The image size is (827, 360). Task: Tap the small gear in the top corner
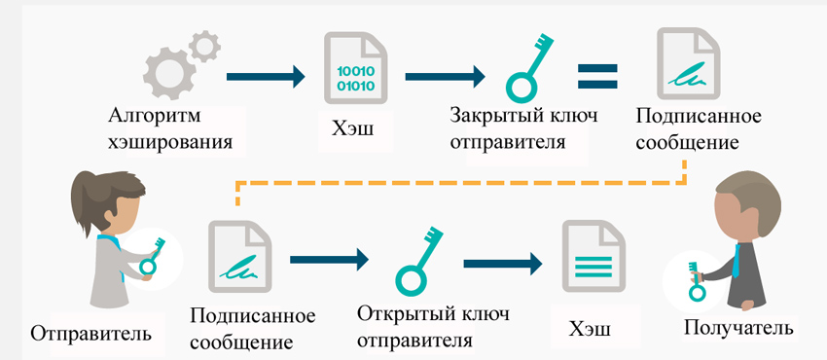pyautogui.click(x=203, y=44)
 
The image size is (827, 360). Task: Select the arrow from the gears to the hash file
pyautogui.click(x=266, y=75)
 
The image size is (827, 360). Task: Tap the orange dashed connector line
pyautogui.click(x=457, y=180)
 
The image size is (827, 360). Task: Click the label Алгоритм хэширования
pyautogui.click(x=171, y=130)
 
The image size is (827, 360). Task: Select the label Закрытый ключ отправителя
pyautogui.click(x=522, y=127)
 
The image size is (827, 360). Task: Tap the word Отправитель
pyautogui.click(x=90, y=334)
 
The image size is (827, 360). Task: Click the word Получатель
pyautogui.click(x=738, y=328)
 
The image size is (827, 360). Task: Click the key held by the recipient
pyautogui.click(x=697, y=281)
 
